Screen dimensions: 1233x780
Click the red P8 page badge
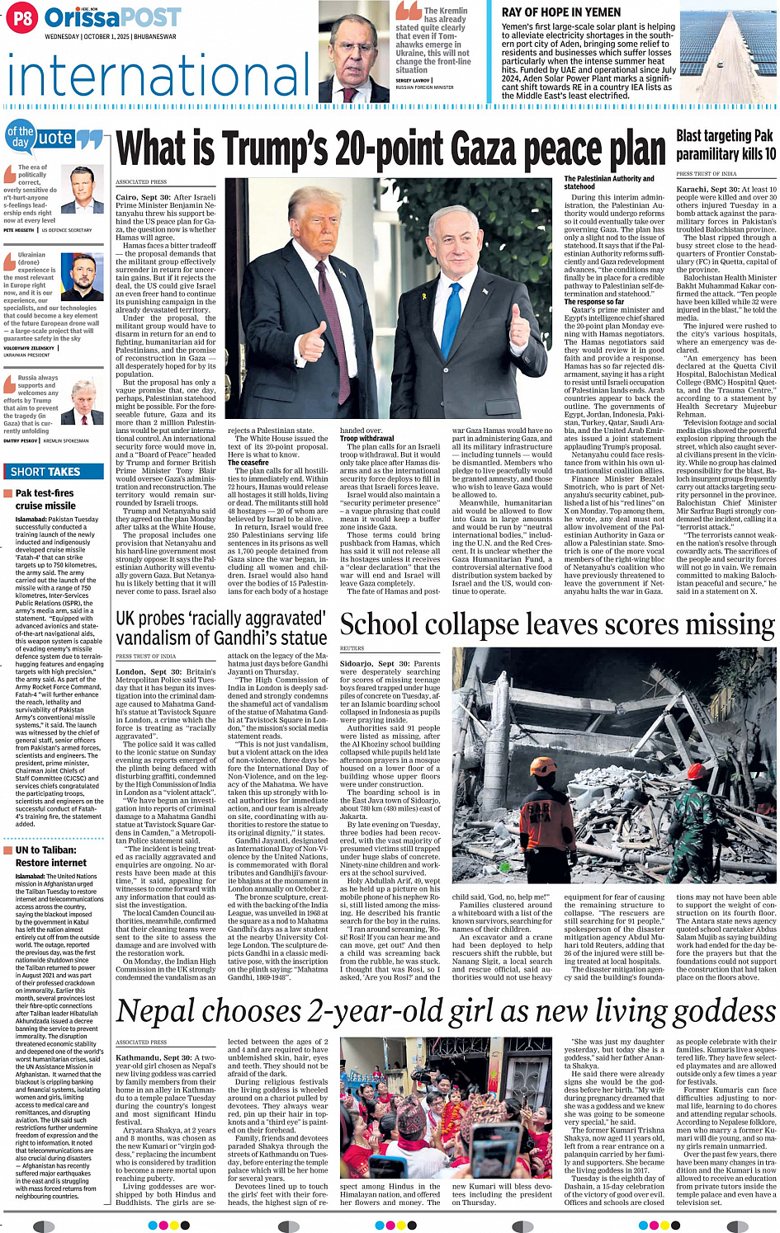tap(22, 18)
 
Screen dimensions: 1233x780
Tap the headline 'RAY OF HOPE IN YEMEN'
tap(561, 12)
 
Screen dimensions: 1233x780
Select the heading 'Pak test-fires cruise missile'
tap(45, 499)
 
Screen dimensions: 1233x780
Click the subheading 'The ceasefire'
tap(248, 463)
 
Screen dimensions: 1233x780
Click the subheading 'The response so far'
tap(594, 302)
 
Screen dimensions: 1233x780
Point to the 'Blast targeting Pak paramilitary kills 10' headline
tap(726, 144)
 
